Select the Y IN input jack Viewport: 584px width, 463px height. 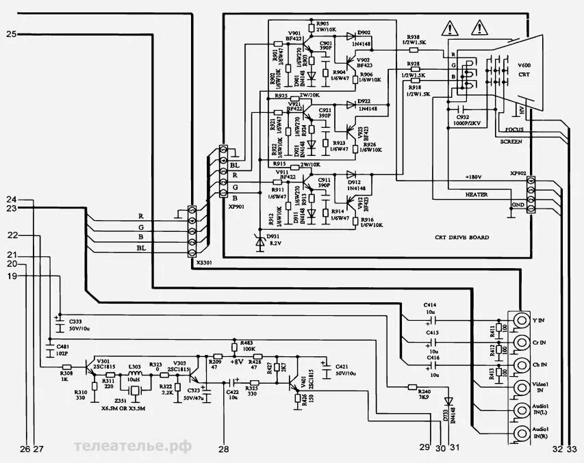pos(518,320)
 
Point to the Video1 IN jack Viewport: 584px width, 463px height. pos(518,387)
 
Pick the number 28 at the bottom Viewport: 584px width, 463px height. pos(224,449)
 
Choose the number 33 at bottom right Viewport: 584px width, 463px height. pos(572,449)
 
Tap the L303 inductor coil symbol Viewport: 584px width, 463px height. pos(135,374)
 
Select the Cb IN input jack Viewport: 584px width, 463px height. pos(518,365)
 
